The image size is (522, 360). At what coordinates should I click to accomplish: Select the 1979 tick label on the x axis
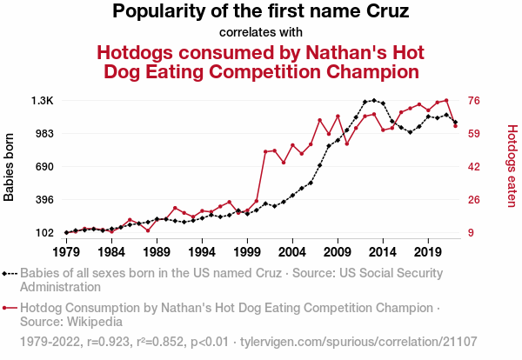coord(66,252)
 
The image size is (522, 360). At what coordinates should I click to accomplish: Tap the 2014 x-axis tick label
coord(382,252)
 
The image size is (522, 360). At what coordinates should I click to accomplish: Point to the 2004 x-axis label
coord(291,252)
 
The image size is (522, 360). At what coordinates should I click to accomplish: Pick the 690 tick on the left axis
coord(44,167)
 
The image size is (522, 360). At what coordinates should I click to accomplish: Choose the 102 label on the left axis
coord(44,233)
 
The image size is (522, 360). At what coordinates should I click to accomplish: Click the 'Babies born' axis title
coord(10,167)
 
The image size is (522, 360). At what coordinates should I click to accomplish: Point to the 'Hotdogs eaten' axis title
coord(512,167)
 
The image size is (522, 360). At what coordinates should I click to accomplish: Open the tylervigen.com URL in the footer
coord(358,340)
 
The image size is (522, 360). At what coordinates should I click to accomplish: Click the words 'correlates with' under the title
coord(261,32)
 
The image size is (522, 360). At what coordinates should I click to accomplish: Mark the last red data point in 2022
coord(455,126)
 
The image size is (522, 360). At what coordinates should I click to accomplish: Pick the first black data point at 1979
coord(66,232)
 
